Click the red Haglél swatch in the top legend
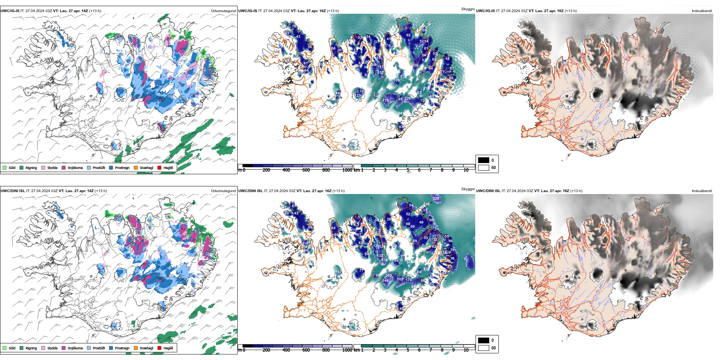tap(160, 167)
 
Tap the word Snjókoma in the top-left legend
tap(75, 168)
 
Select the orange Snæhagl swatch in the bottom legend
tap(136, 348)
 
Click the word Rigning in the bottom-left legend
tap(31, 348)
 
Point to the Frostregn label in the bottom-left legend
tap(122, 348)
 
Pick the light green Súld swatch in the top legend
tap(5, 167)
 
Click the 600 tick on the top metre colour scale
tap(306, 170)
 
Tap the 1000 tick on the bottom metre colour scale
tap(347, 350)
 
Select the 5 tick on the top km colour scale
tap(408, 170)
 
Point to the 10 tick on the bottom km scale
tap(466, 350)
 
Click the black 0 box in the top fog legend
tap(484, 160)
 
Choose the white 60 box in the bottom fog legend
tap(484, 348)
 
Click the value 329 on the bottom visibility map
tap(436, 199)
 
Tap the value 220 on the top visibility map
tap(407, 99)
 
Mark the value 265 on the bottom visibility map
tap(388, 276)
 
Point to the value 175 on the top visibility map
tap(386, 101)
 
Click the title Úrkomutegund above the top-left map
tap(223, 11)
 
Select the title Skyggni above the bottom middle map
tap(468, 189)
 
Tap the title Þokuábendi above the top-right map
tap(702, 11)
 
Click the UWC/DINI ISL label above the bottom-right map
tap(488, 191)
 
